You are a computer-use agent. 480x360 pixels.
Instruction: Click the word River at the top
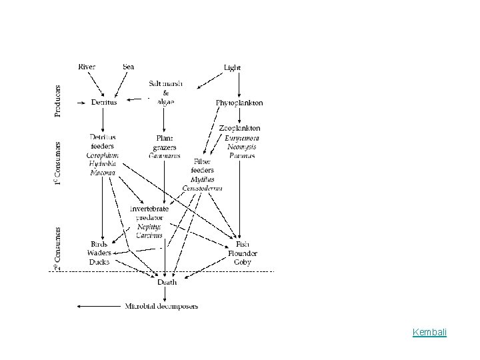click(87, 67)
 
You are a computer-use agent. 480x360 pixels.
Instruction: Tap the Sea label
click(129, 67)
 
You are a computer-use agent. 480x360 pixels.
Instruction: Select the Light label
click(233, 67)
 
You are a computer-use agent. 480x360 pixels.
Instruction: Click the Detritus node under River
click(104, 102)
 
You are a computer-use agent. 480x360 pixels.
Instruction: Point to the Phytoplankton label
click(239, 103)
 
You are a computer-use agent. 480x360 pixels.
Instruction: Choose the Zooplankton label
click(239, 128)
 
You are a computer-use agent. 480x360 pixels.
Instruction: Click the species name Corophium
click(102, 155)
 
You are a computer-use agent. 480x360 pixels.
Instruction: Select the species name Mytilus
click(202, 179)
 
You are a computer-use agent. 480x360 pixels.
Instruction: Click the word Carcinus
click(149, 235)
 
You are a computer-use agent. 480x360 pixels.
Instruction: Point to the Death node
click(167, 282)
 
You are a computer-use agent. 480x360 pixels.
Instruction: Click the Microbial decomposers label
click(162, 306)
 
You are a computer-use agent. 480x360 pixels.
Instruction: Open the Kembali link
click(429, 331)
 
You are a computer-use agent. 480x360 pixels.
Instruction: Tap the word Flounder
click(243, 253)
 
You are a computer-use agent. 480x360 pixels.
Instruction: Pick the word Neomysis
click(239, 146)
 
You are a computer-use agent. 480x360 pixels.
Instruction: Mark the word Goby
click(243, 262)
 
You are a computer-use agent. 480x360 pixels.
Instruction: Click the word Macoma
click(102, 173)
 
